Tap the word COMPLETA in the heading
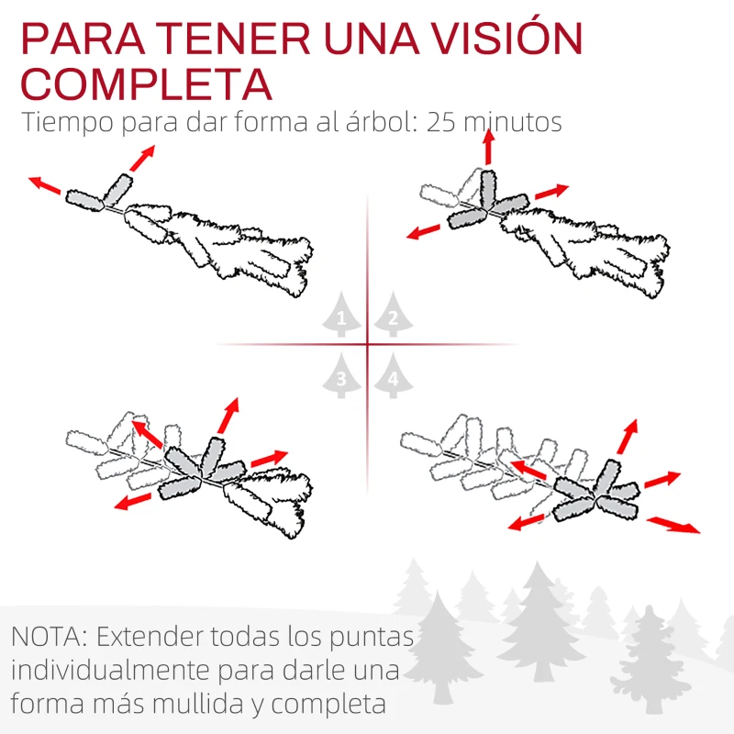click(147, 83)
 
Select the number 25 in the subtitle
click(443, 123)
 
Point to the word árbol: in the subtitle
click(378, 123)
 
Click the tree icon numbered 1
click(341, 316)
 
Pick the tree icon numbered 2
click(393, 316)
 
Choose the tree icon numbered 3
click(341, 375)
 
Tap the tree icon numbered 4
click(393, 375)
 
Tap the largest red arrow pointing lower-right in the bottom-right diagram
click(673, 524)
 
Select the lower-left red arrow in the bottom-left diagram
click(134, 500)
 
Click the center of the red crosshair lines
click(367, 345)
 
